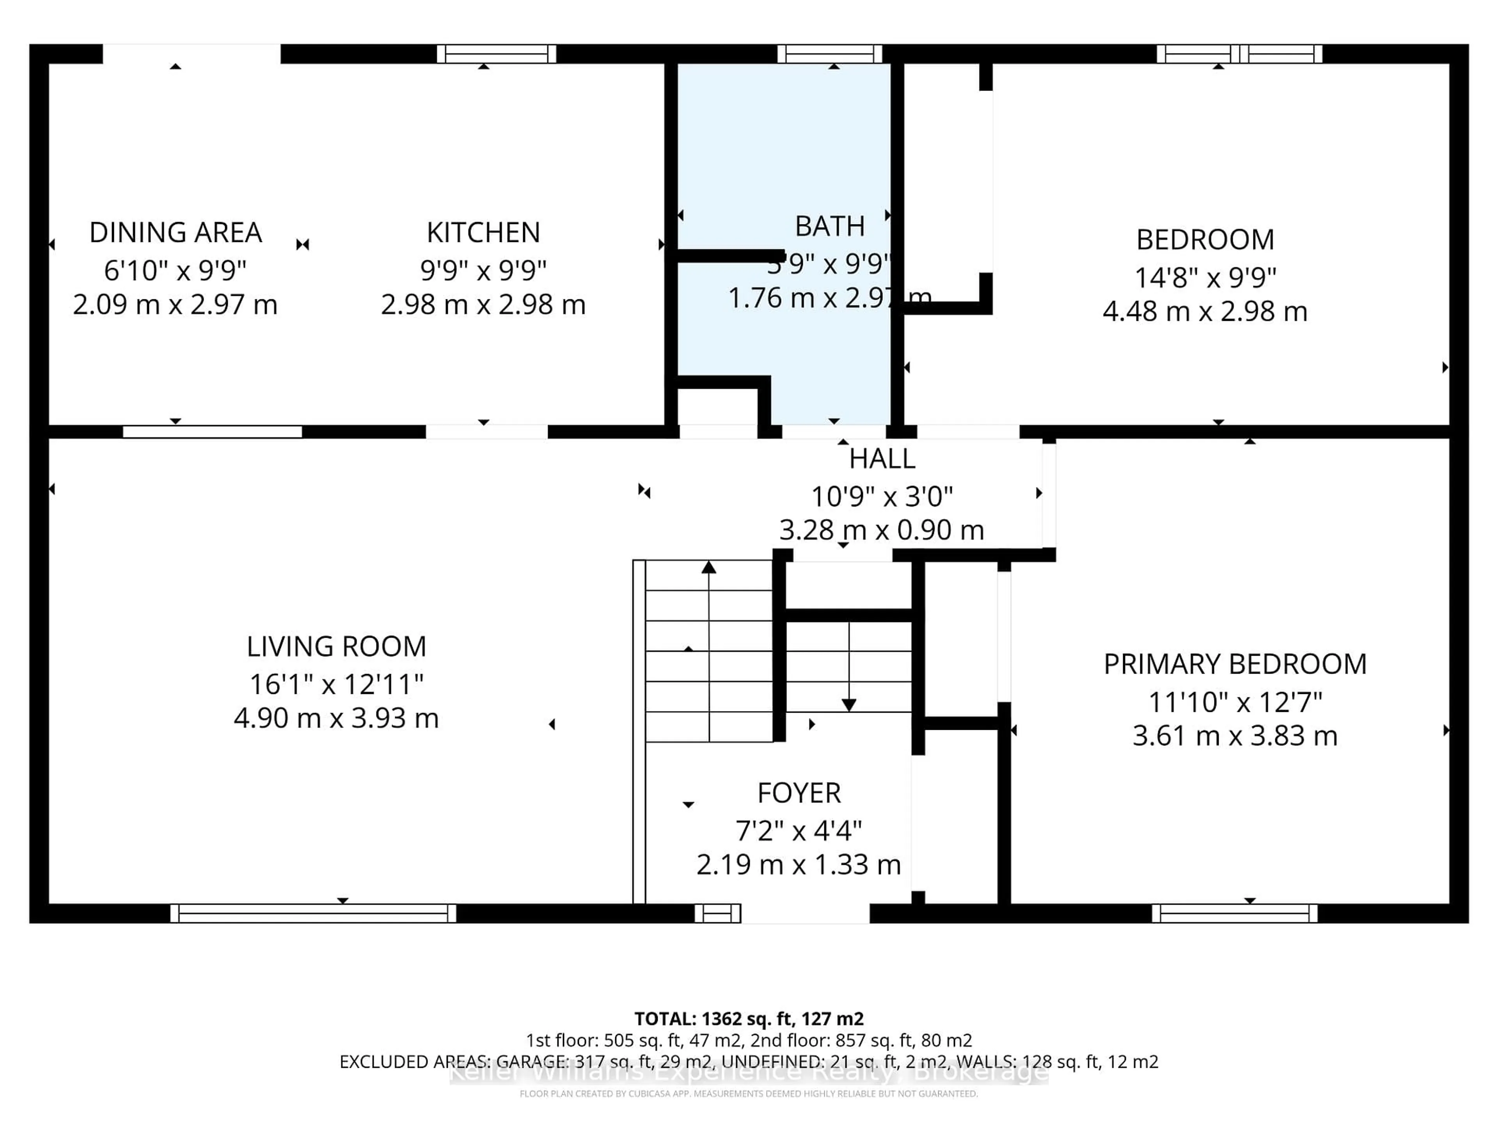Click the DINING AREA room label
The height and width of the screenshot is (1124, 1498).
click(176, 232)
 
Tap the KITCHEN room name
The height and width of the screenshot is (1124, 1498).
click(483, 232)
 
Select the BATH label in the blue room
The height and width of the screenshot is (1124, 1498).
click(830, 226)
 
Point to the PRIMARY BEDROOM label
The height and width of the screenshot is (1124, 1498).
click(1235, 664)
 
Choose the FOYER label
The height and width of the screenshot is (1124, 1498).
click(799, 793)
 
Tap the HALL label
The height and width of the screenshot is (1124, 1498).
click(882, 459)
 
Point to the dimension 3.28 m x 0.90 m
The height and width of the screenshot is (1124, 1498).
click(881, 530)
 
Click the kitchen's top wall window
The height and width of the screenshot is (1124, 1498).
click(496, 53)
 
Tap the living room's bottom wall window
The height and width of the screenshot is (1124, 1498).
click(313, 913)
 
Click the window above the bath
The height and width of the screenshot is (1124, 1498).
click(830, 53)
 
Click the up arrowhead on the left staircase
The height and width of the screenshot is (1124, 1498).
click(708, 567)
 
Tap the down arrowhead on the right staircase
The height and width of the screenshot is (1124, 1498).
click(848, 705)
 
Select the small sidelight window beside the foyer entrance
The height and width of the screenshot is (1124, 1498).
click(718, 913)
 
